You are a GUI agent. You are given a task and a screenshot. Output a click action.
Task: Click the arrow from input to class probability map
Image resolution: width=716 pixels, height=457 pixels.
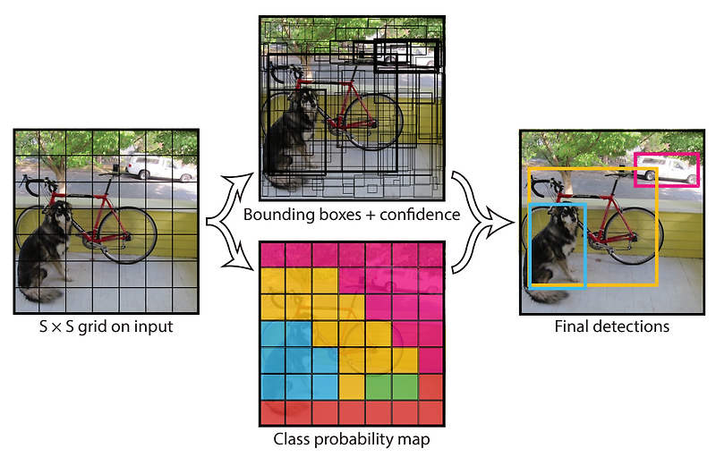pyautogui.click(x=231, y=250)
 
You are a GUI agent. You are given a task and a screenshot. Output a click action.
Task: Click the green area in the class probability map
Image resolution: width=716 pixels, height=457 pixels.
pyautogui.click(x=392, y=386)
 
